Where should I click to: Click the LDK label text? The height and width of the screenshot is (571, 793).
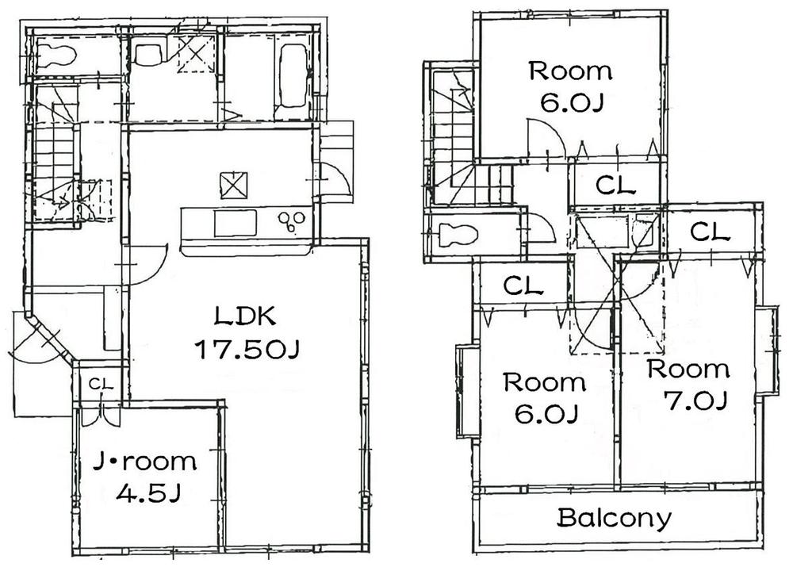(246, 317)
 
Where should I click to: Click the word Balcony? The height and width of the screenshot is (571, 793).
(614, 519)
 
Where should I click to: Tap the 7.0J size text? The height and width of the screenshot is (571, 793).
(697, 402)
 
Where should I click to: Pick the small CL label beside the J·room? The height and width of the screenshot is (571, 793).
(100, 385)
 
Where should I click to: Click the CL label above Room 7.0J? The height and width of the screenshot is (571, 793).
(709, 232)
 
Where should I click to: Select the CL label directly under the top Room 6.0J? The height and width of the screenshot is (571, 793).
(615, 187)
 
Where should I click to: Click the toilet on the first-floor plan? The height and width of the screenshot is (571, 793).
(56, 56)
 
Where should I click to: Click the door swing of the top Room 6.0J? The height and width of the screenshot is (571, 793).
(545, 140)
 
